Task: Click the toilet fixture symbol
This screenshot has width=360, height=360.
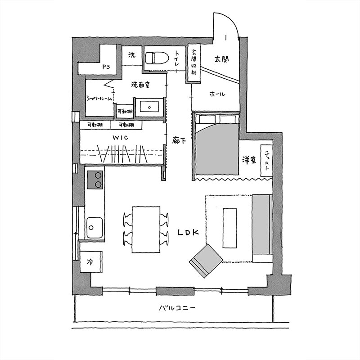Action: pyautogui.click(x=157, y=58)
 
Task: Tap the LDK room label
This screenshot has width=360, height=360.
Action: pyautogui.click(x=188, y=233)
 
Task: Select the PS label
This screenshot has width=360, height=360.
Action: pyautogui.click(x=106, y=67)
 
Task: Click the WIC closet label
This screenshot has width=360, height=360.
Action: pyautogui.click(x=120, y=138)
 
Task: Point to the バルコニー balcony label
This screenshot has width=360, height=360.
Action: pyautogui.click(x=177, y=308)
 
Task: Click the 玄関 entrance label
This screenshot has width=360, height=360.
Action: pyautogui.click(x=221, y=59)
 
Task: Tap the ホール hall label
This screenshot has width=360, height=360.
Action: pyautogui.click(x=217, y=94)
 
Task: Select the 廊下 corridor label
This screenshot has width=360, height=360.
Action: pyautogui.click(x=179, y=140)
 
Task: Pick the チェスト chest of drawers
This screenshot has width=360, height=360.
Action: pyautogui.click(x=266, y=161)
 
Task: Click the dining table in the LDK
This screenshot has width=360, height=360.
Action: pyautogui.click(x=146, y=229)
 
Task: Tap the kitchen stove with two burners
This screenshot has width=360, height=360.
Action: pyautogui.click(x=95, y=180)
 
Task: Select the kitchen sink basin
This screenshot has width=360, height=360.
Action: pyautogui.click(x=94, y=228)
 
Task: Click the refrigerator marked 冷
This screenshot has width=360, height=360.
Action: pyautogui.click(x=91, y=262)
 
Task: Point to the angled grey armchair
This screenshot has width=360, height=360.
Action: pyautogui.click(x=206, y=261)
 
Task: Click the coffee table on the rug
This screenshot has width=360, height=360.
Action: pyautogui.click(x=229, y=228)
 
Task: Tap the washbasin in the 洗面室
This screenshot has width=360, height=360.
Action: pyautogui.click(x=149, y=107)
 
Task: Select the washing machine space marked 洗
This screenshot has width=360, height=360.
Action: pyautogui.click(x=131, y=55)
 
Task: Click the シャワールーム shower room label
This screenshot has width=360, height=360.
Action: pyautogui.click(x=99, y=99)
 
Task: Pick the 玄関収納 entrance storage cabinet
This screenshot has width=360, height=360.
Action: pyautogui.click(x=193, y=63)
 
